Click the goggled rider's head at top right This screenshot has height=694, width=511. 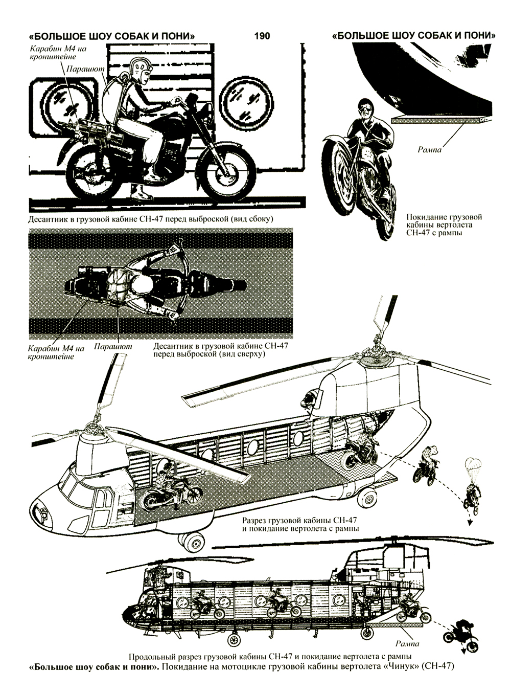pyautogui.click(x=366, y=107)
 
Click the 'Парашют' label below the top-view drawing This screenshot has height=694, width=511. pyautogui.click(x=112, y=347)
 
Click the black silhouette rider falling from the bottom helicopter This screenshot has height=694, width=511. pyautogui.click(x=459, y=631)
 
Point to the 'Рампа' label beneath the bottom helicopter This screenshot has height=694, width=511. pyautogui.click(x=407, y=644)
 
